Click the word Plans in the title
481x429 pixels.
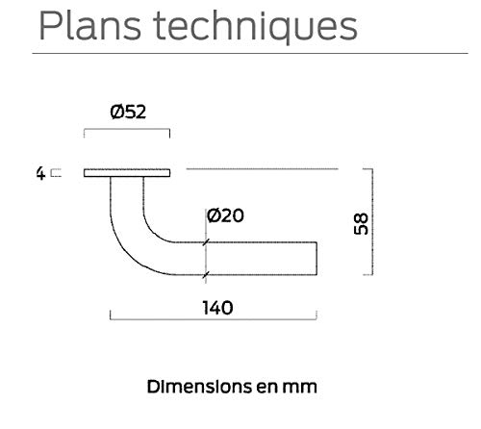[x=90, y=25]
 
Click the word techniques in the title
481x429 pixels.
[x=255, y=27]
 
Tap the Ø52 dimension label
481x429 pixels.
[x=128, y=112]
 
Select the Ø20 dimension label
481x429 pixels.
[x=225, y=215]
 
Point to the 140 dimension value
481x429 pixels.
[x=217, y=308]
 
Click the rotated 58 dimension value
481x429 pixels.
[x=361, y=223]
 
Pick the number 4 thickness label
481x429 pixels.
[x=40, y=173]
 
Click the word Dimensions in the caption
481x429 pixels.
[x=199, y=387]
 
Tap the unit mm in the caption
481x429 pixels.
[x=299, y=388]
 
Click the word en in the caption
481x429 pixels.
[x=266, y=388]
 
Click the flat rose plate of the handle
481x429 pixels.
[x=127, y=173]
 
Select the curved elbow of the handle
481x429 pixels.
[x=137, y=239]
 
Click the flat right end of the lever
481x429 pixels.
[x=316, y=259]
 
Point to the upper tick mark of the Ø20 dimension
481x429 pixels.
[x=206, y=242]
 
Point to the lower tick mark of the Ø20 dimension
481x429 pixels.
[x=206, y=275]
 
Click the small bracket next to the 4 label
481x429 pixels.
[x=56, y=173]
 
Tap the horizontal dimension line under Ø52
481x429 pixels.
[x=127, y=129]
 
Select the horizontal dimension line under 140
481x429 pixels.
[x=214, y=319]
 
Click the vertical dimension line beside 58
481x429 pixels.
[x=372, y=221]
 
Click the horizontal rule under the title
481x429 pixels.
[x=250, y=53]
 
